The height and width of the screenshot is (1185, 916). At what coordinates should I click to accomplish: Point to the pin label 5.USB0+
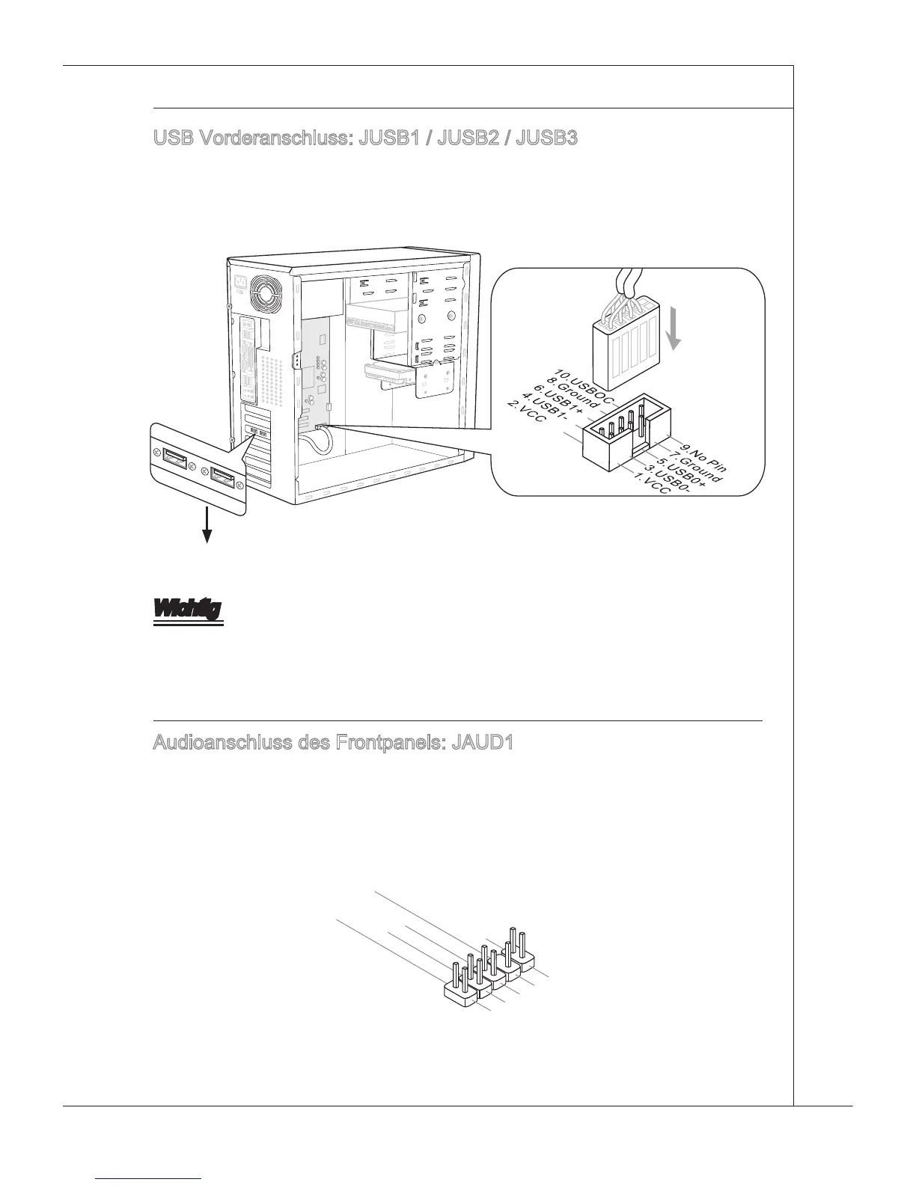coord(677,474)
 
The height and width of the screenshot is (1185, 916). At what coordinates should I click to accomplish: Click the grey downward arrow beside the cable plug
coord(675,331)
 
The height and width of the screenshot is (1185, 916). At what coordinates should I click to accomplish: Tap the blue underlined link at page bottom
coord(150,1180)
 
